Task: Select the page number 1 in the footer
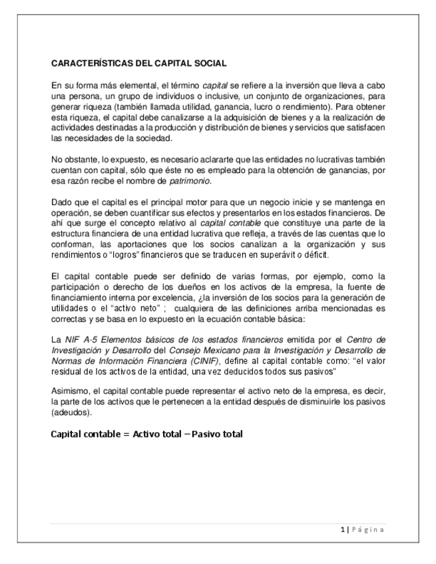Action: click(342, 529)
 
